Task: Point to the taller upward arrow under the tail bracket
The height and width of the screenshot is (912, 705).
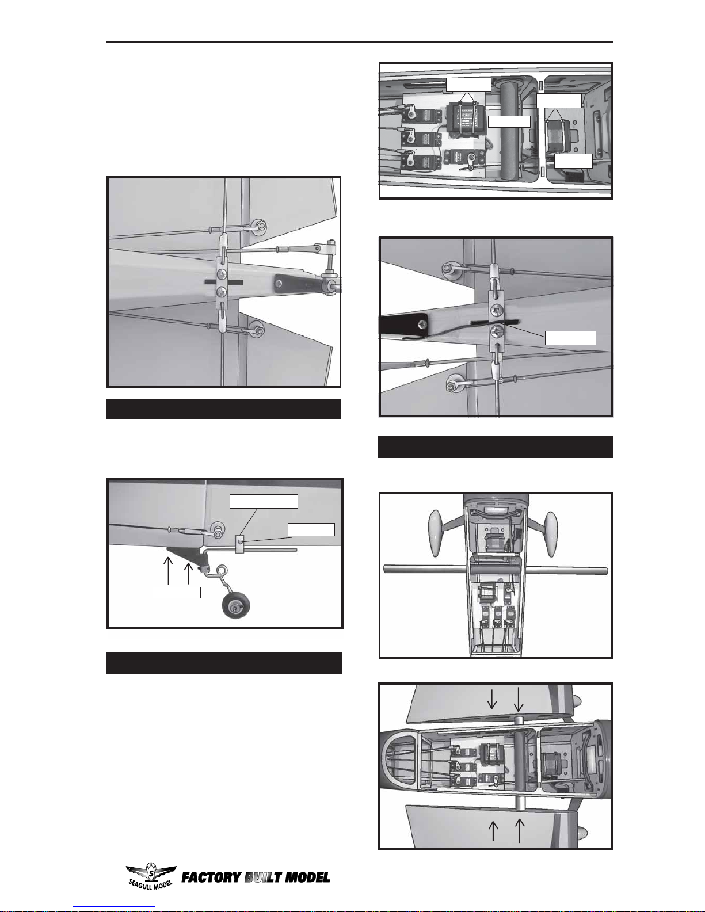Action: click(x=168, y=570)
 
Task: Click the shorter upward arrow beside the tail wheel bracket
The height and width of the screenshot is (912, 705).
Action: click(x=188, y=573)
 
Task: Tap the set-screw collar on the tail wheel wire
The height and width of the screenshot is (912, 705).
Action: click(x=239, y=544)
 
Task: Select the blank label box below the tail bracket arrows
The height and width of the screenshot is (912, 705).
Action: click(x=176, y=593)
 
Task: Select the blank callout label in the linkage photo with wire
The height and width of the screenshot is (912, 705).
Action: click(x=570, y=338)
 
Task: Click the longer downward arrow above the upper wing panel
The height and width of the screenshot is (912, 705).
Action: click(x=519, y=699)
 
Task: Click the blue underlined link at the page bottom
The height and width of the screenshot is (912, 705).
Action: click(x=114, y=907)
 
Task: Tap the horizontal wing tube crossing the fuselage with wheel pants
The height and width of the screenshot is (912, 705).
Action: click(x=495, y=570)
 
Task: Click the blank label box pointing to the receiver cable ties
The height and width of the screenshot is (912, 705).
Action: click(x=468, y=85)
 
